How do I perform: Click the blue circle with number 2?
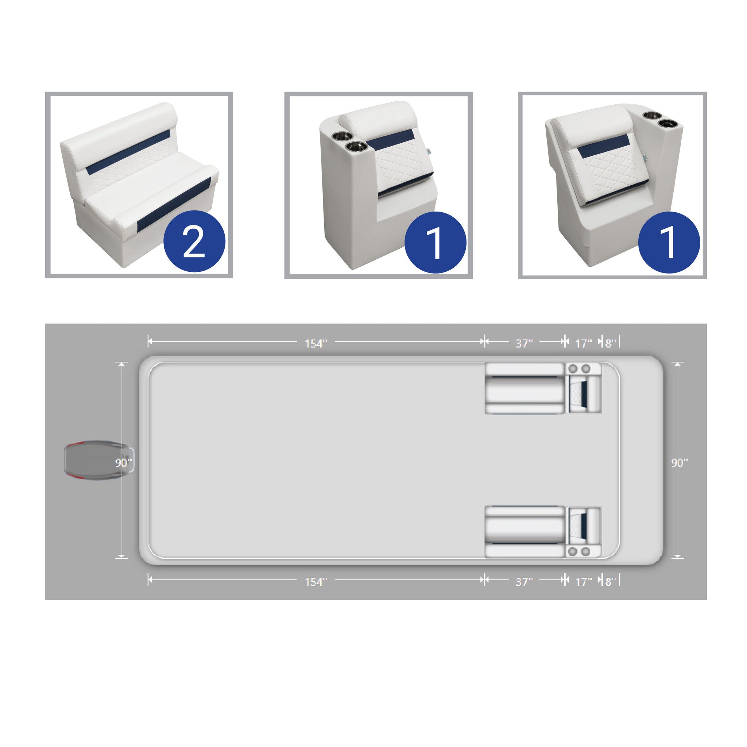click(194, 242)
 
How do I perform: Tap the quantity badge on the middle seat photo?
click(436, 243)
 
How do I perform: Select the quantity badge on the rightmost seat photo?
click(669, 243)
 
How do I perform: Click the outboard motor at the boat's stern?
click(99, 460)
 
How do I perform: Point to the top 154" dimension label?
click(316, 343)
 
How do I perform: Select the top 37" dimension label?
click(524, 343)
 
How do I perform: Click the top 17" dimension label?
click(584, 343)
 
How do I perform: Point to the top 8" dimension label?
click(611, 343)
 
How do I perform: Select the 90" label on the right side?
click(679, 463)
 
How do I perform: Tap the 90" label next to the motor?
click(123, 463)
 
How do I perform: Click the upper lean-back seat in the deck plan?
click(584, 388)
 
